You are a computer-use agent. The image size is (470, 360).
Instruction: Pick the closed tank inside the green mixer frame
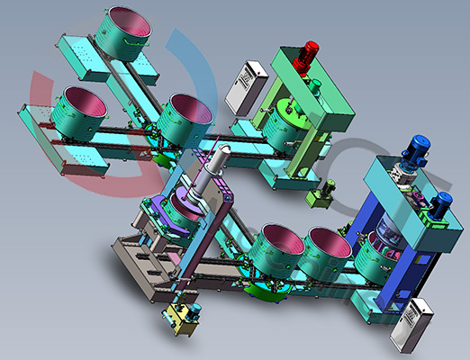tap(292, 123)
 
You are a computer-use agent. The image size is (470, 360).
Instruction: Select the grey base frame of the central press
tap(149, 261)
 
